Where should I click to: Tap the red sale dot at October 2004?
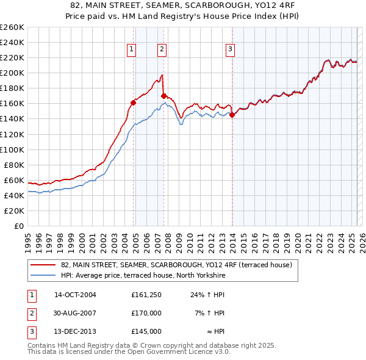click(133, 103)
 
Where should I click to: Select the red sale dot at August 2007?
click(164, 96)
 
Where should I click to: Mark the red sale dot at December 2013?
click(232, 115)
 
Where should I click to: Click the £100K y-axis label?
click(12, 149)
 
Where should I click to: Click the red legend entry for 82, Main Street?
click(177, 265)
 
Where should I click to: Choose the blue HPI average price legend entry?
click(143, 276)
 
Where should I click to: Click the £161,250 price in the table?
click(146, 295)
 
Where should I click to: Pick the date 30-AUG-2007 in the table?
click(76, 313)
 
